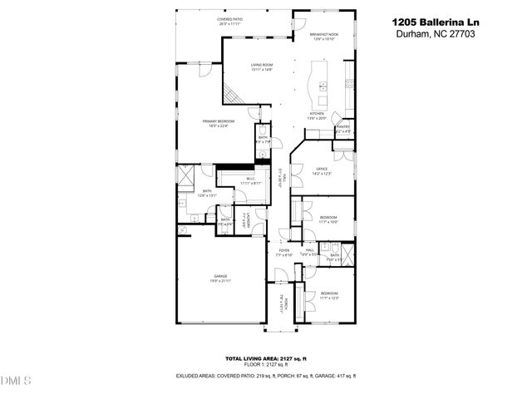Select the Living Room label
264,64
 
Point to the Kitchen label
317,113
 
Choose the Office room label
321,169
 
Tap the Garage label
221,276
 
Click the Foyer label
283,250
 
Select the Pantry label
343,127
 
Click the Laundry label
245,220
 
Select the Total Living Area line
266,358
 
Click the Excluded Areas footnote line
266,376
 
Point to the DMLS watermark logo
16,382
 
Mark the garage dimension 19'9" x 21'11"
221,283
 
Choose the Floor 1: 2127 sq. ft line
266,364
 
